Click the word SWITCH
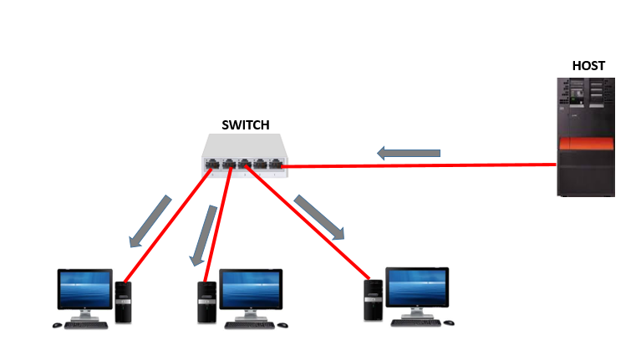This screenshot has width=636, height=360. tap(245, 125)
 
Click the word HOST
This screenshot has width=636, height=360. tap(588, 65)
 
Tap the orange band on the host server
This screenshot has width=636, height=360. tap(587, 146)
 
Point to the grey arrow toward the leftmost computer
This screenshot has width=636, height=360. tap(150, 221)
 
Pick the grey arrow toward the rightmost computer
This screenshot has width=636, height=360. tap(319, 218)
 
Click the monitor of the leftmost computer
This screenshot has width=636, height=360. tap(84, 291)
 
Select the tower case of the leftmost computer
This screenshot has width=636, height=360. tap(124, 302)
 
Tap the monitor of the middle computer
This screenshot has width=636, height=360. tap(250, 290)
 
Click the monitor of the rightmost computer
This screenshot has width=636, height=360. tap(416, 288)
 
